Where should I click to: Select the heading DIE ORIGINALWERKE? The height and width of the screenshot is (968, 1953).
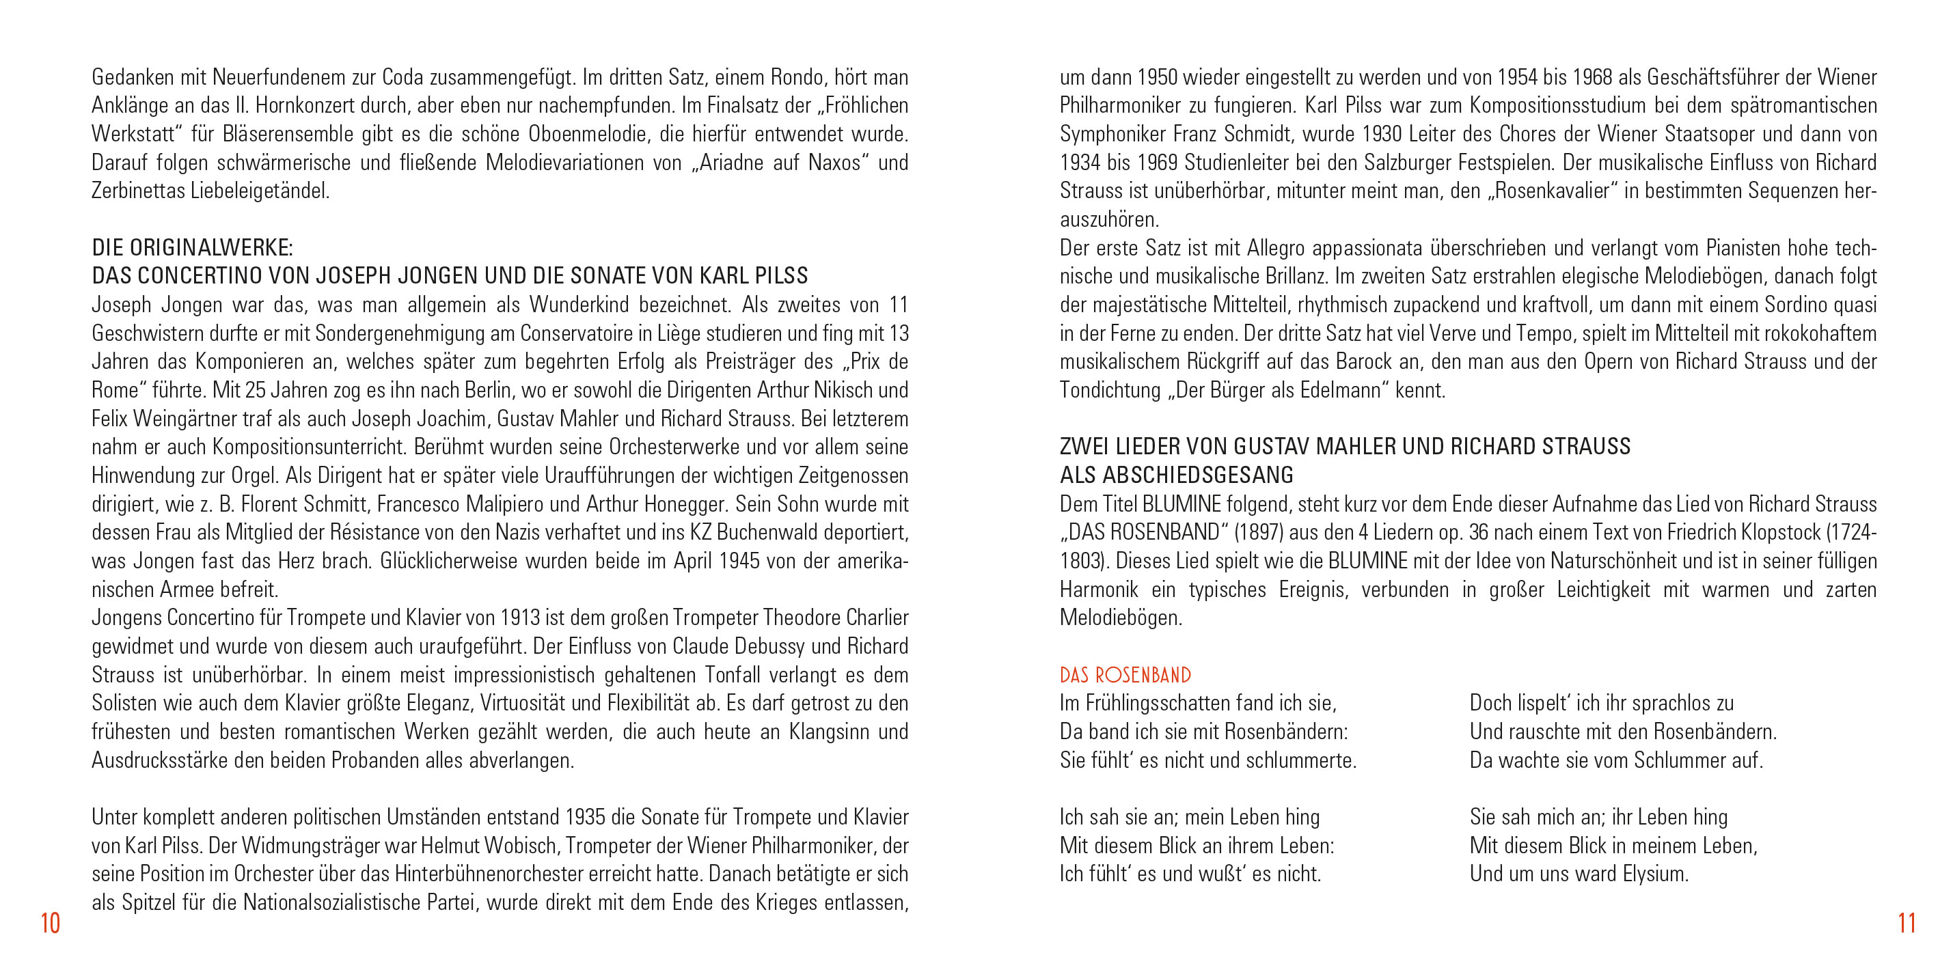(x=192, y=247)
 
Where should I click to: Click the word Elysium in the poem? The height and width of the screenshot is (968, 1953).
(x=1655, y=874)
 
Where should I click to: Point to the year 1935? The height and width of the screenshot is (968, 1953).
(x=584, y=817)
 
